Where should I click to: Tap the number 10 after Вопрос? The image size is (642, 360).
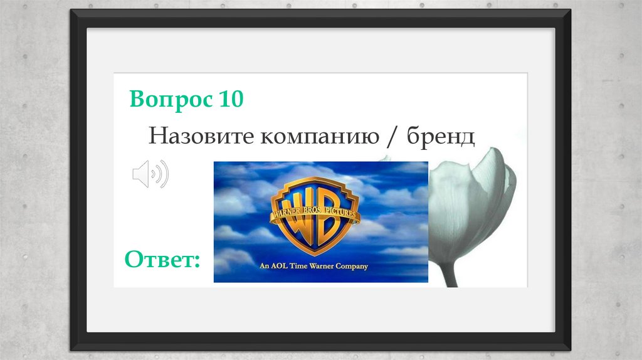(230, 99)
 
